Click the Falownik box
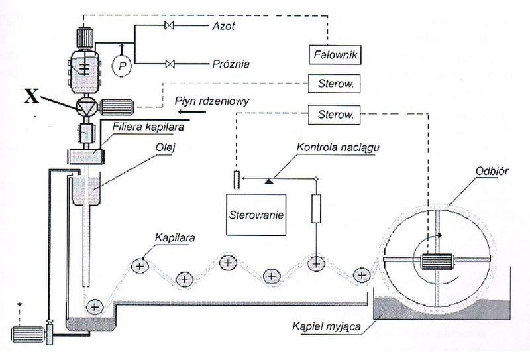coord(335,55)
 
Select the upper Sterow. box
coord(334,84)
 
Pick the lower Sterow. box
coord(334,115)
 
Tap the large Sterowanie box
coord(256,215)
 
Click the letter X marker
coord(31,96)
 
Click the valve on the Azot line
coord(169,25)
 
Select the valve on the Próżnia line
coord(170,64)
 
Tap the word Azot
coord(223,26)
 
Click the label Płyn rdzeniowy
coord(212,101)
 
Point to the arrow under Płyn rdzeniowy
coord(192,112)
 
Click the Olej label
coord(165,148)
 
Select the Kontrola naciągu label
coord(338,148)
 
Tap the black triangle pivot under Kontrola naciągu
coord(269,182)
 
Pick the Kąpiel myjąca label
coord(326,327)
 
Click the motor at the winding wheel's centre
coord(437,261)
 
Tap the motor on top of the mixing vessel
coord(85,38)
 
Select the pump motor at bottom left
coord(28,334)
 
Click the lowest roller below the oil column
coord(94,307)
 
